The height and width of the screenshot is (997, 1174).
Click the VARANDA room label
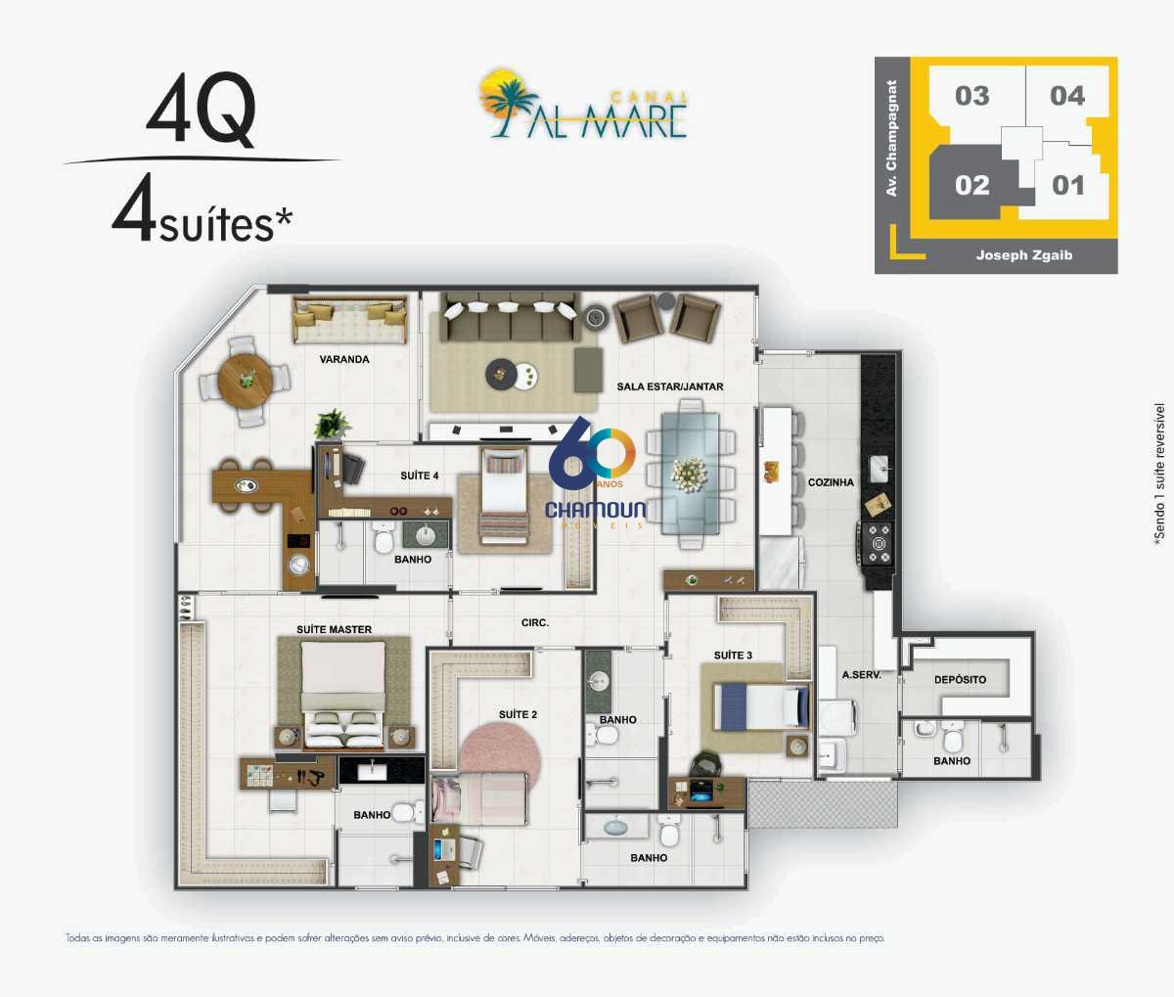[344, 359]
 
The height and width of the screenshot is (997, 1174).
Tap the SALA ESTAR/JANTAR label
[669, 386]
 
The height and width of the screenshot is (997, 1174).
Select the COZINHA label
[831, 482]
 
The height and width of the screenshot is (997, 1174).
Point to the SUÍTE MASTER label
[335, 629]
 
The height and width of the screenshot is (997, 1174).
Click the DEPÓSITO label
[960, 679]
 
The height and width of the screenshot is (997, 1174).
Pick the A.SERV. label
[862, 675]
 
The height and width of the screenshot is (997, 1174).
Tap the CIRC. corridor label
[535, 622]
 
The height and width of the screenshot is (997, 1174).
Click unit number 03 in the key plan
[971, 96]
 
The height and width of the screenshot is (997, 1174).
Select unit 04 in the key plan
[1067, 96]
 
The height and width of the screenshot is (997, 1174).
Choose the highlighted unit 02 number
[971, 185]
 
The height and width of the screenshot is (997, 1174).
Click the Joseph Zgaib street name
[1024, 255]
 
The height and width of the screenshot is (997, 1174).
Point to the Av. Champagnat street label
[891, 138]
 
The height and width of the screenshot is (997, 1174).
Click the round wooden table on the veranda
[245, 381]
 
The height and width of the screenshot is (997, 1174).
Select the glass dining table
[690, 474]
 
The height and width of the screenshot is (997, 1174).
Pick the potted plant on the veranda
[333, 425]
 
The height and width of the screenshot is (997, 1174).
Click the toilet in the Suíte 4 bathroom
[384, 538]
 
